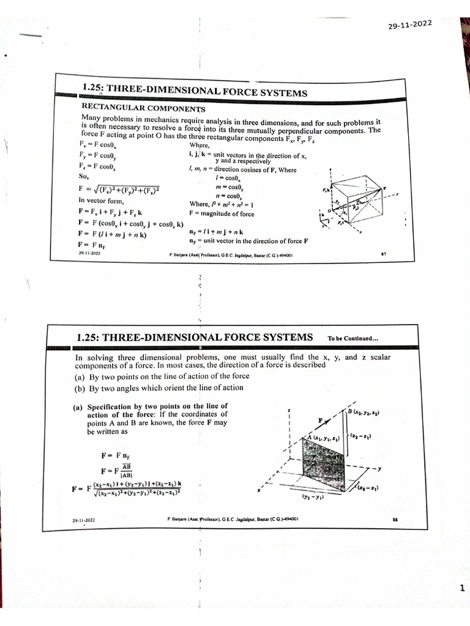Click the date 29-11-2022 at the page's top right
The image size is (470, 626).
click(410, 24)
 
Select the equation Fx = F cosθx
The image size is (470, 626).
click(97, 145)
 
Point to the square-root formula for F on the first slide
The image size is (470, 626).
click(119, 188)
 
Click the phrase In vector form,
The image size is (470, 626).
click(102, 200)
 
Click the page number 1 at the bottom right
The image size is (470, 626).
click(461, 588)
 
